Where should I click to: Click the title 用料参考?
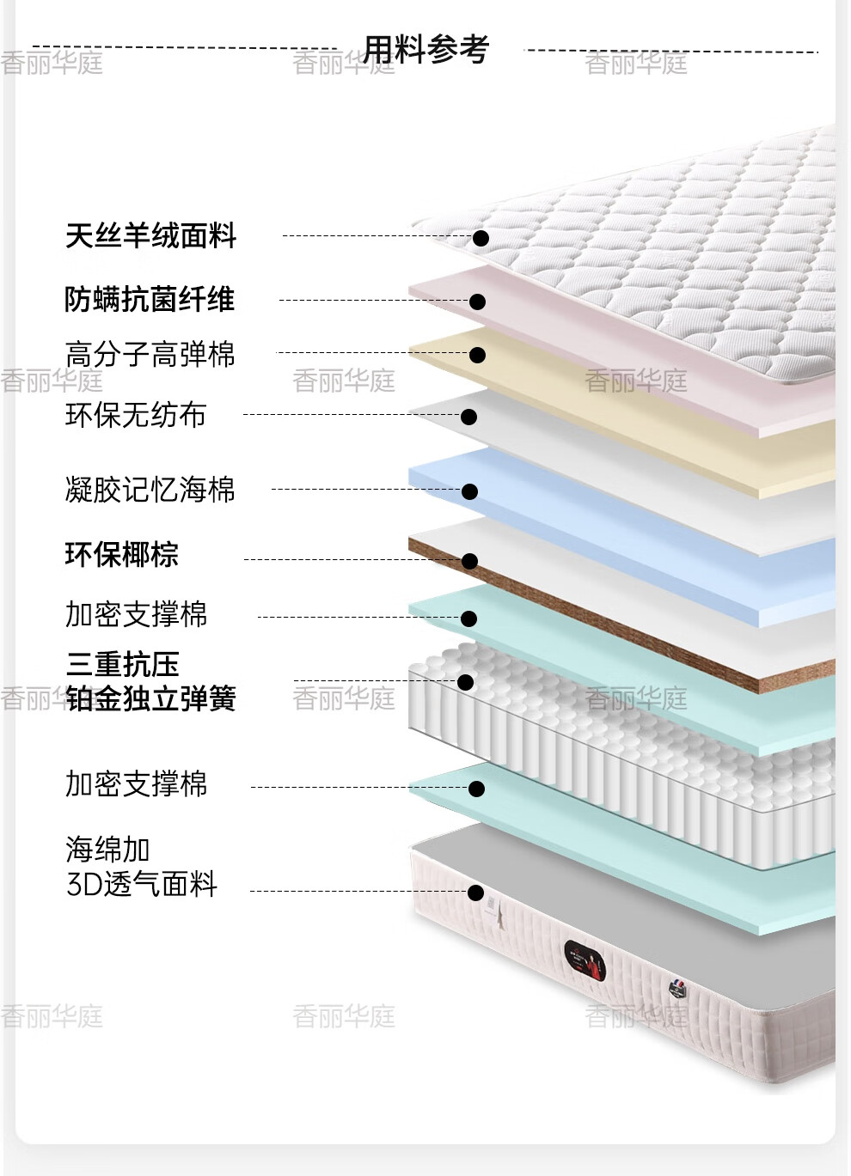pos(426,49)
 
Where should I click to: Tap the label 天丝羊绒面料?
pos(150,235)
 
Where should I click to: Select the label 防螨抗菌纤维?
pos(150,299)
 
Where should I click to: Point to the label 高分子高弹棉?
pos(150,353)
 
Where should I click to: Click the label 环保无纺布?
pos(135,415)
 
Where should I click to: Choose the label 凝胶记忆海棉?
pos(150,489)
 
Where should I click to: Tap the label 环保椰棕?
pos(121,554)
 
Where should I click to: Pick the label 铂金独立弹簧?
pos(150,698)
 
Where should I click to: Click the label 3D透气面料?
pos(142,884)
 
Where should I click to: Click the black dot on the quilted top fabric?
pos(481,238)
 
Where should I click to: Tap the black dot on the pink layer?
pos(478,302)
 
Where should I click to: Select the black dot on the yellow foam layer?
pos(478,355)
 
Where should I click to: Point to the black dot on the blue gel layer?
pos(469,491)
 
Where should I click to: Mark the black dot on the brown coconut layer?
pos(469,561)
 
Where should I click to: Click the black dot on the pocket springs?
pos(465,682)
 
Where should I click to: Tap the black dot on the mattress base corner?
pos(475,893)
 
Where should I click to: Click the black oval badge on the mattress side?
pos(585,961)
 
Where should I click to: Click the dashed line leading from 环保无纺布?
pos(352,415)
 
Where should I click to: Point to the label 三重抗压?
pos(122,664)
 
